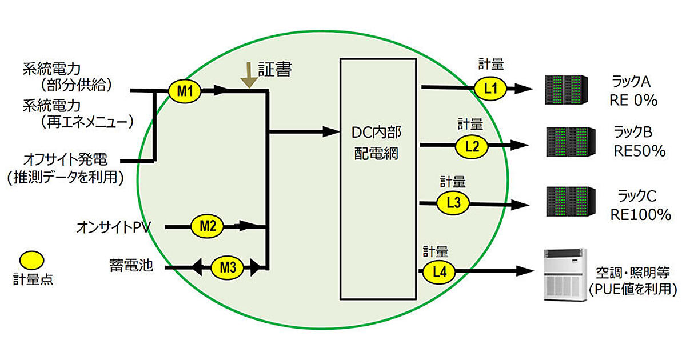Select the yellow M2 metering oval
(208, 226)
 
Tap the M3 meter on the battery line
(228, 266)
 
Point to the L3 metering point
(453, 202)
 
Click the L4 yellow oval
(439, 273)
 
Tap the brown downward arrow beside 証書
(248, 75)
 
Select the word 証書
(275, 70)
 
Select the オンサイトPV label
(113, 227)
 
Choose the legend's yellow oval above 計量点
(32, 260)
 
